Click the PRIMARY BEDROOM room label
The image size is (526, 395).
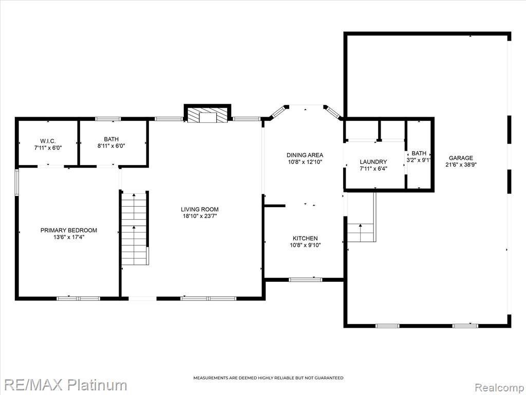point(69,230)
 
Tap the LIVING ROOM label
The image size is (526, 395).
point(200,210)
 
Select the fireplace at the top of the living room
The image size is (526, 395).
point(208,114)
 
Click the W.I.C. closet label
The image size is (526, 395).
point(48,140)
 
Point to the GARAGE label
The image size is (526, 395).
point(461,158)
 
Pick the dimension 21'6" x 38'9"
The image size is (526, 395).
point(461,165)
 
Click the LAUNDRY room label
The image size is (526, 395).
point(373,162)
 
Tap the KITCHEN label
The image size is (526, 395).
point(305,239)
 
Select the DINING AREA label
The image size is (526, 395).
point(305,155)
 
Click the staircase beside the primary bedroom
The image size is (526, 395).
point(135,228)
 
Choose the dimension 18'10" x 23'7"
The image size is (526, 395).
point(200,217)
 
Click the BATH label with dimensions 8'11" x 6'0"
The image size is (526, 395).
point(111,139)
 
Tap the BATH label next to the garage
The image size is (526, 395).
point(419,153)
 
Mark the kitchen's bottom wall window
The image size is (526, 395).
point(305,279)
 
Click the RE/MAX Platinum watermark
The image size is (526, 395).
point(64,385)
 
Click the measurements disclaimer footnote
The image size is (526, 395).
point(268,378)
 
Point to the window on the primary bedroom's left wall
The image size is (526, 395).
point(16,183)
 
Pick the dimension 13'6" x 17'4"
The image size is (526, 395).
point(69,237)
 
